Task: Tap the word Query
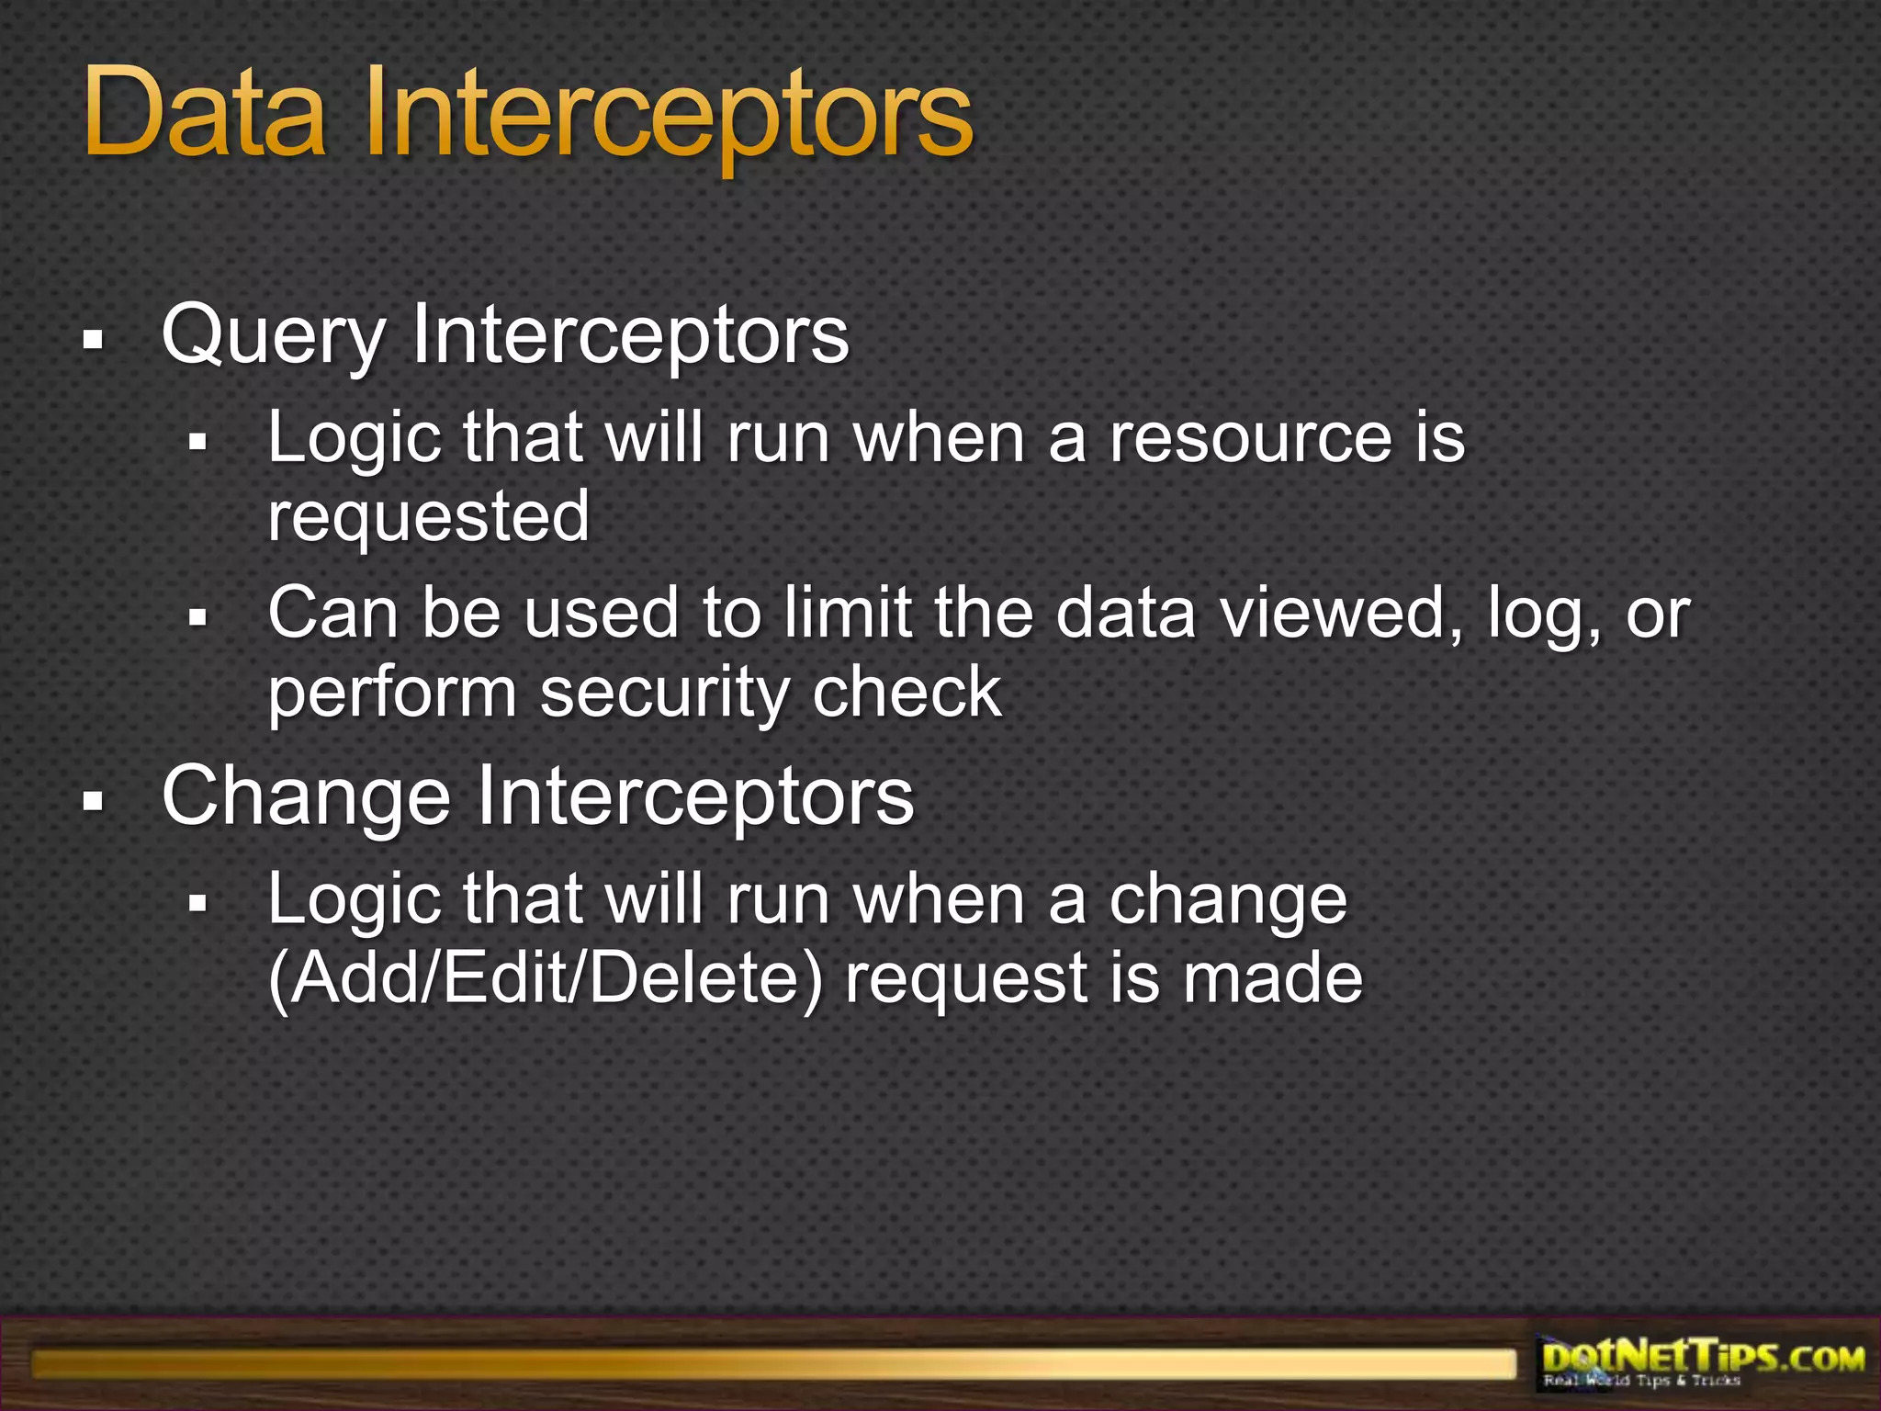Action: (x=273, y=336)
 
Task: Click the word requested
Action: (x=428, y=515)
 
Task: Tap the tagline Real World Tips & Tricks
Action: (x=1641, y=1381)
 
